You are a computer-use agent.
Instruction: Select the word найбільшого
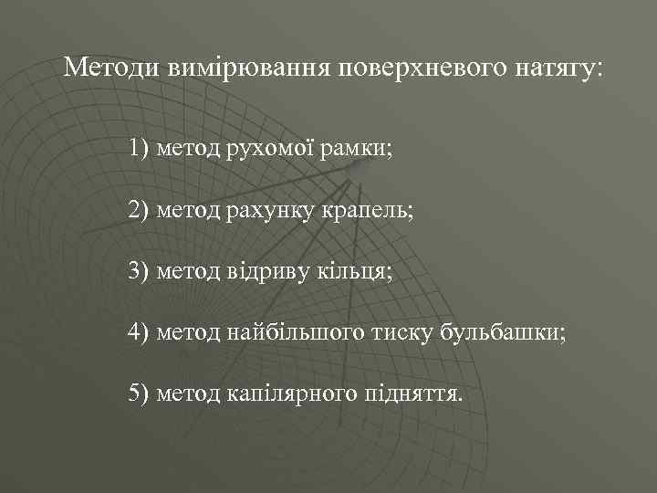pos(290,334)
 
